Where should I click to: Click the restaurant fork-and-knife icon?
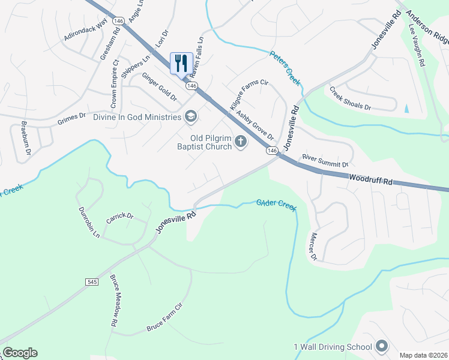[181, 63]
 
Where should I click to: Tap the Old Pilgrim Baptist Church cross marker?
[240, 142]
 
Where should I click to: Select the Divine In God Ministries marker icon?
[191, 116]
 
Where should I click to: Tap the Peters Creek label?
[285, 68]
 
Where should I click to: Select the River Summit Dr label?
[325, 160]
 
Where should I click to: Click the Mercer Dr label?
[313, 247]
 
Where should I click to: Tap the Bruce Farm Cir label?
[164, 324]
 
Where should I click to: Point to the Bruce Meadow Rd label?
[113, 301]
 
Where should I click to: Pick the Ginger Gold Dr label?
[159, 86]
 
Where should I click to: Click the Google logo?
[20, 353]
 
